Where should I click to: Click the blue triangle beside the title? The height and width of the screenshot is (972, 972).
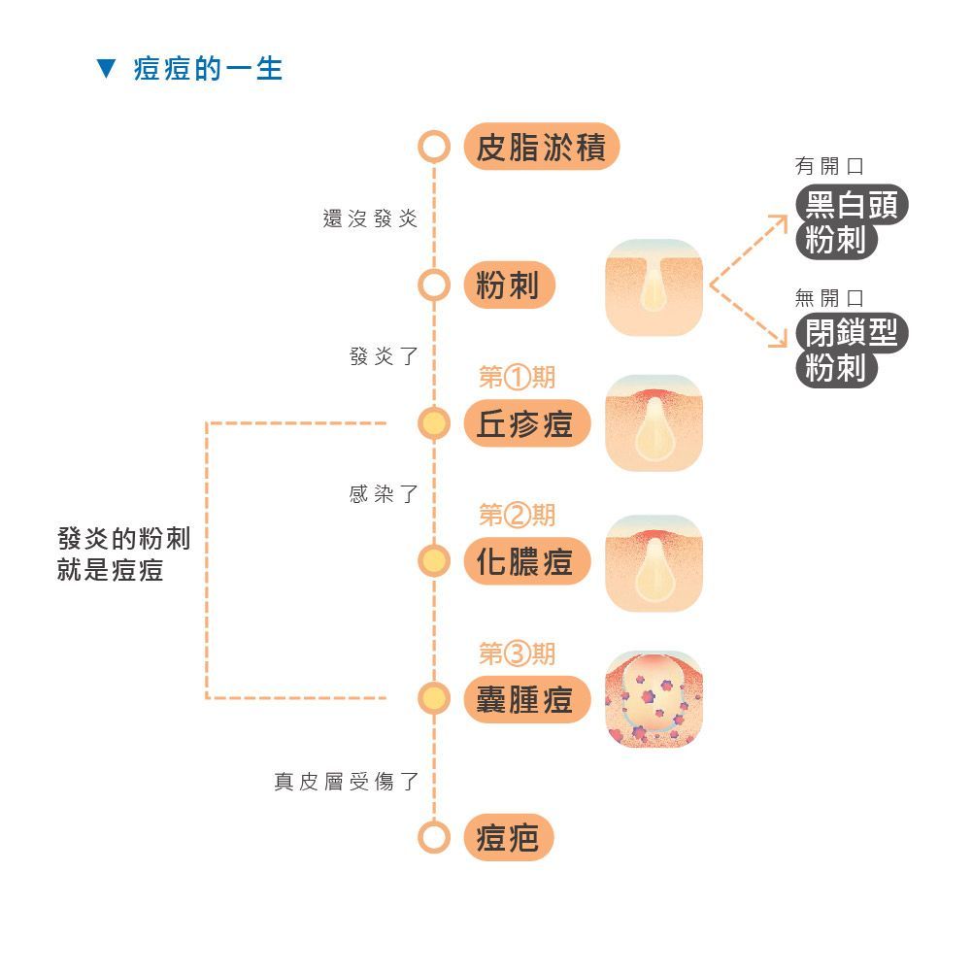pos(106,68)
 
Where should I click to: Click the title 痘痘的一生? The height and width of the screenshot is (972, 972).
pos(208,68)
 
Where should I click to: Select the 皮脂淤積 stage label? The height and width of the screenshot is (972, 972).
pos(542,147)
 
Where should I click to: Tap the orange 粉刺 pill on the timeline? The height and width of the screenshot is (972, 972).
pos(509,285)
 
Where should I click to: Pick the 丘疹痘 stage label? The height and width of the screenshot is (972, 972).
pos(527,424)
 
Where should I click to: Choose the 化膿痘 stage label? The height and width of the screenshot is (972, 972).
pos(527,561)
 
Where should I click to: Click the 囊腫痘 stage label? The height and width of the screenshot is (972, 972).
pos(527,700)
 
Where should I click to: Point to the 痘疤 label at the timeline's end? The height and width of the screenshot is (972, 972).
pos(508,837)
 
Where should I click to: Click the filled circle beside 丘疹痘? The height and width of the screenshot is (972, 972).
pos(434,424)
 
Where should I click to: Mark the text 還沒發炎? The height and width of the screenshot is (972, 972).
pos(370,218)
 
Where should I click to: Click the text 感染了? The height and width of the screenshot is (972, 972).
pos(384,494)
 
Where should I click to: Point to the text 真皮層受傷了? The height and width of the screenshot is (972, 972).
pos(347,781)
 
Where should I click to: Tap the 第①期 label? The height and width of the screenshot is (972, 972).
pos(517,377)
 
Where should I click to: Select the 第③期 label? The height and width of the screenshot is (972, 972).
pos(517,654)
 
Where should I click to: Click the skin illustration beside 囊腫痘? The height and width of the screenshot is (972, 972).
pos(654,699)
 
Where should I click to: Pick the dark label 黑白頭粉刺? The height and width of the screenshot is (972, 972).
pos(852,222)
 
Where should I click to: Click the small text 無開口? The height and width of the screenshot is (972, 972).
pos(829,298)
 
